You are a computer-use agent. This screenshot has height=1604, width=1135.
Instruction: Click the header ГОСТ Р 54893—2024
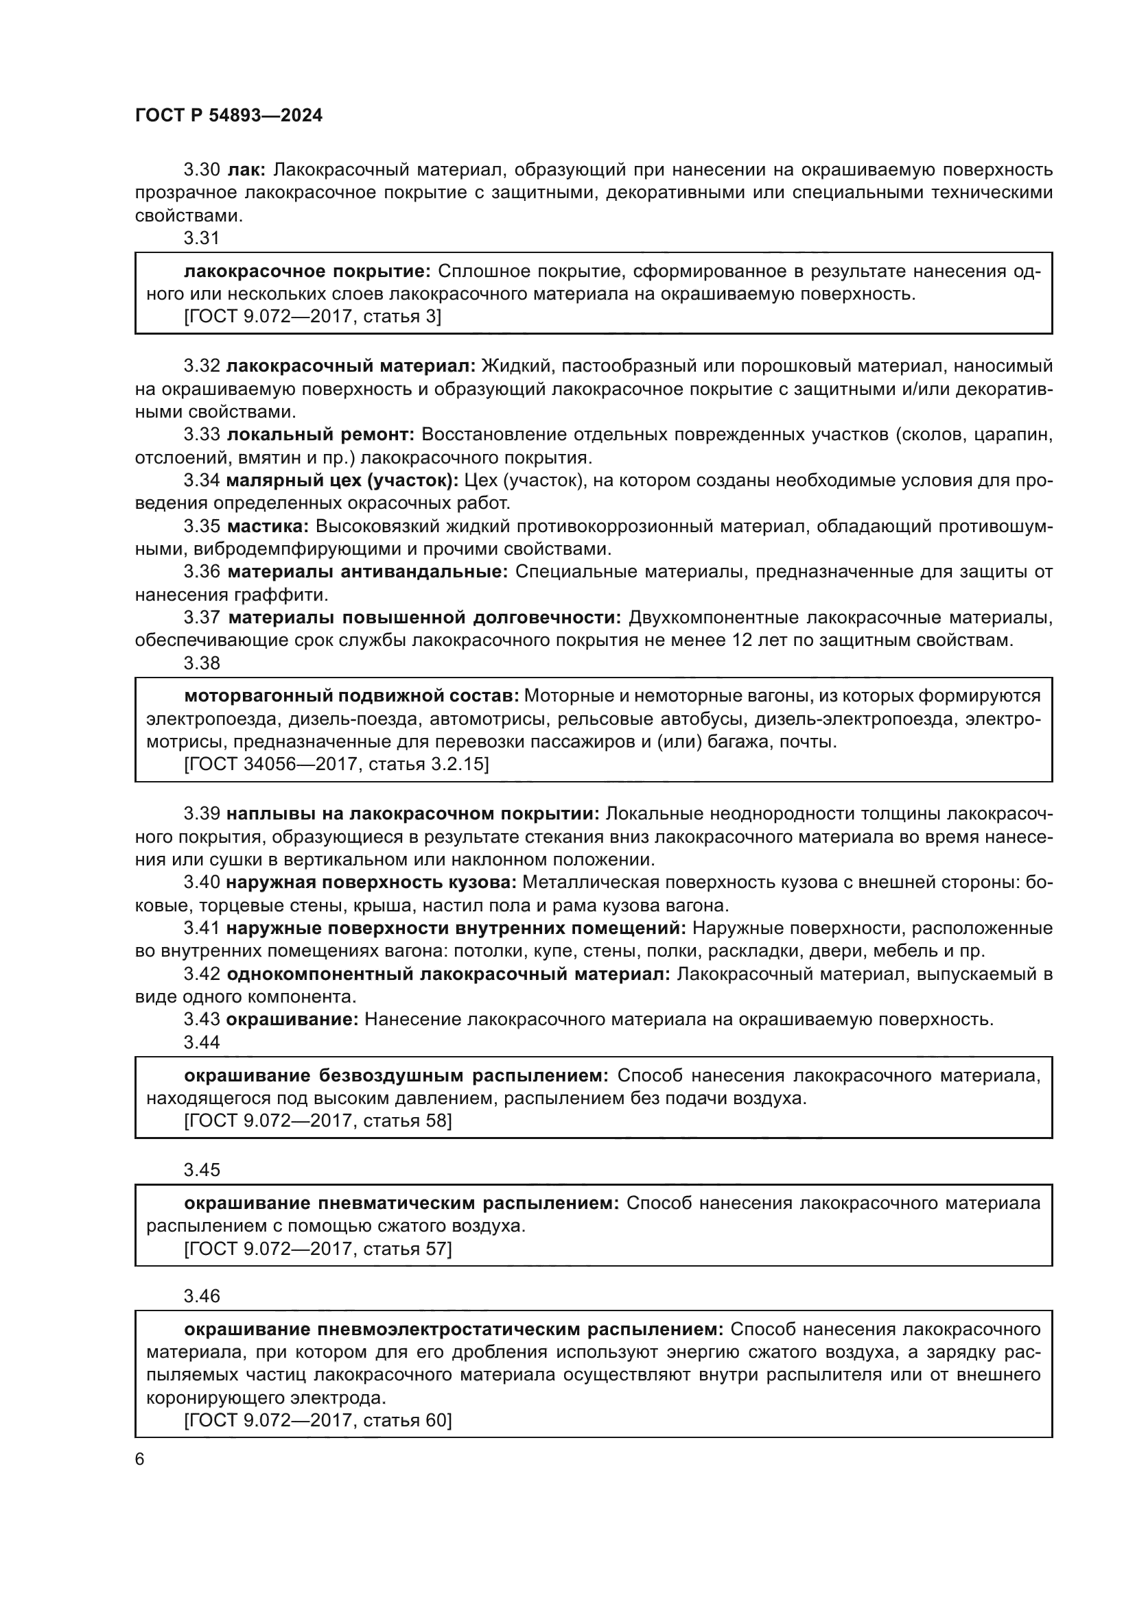229,115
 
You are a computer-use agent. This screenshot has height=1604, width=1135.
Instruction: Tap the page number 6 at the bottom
140,1459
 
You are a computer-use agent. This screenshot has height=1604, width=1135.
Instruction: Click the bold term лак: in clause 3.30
242,170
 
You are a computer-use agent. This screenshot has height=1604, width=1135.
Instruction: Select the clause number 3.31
201,238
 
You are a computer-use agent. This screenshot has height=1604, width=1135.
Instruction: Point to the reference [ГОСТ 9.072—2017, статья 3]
312,316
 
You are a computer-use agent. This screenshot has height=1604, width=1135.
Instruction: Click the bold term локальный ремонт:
320,435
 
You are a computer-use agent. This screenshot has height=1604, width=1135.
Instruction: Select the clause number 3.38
201,663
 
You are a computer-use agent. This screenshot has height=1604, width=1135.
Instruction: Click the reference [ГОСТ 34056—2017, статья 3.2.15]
336,763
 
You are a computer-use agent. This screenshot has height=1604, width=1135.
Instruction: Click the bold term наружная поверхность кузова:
371,883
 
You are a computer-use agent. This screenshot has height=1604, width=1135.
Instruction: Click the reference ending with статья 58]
318,1121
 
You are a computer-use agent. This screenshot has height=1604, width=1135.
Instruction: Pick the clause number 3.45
201,1169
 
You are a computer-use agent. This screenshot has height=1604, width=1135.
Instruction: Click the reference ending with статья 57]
318,1248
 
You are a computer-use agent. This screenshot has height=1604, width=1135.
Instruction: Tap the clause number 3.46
201,1296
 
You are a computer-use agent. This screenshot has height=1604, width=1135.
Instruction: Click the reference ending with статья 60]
318,1420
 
